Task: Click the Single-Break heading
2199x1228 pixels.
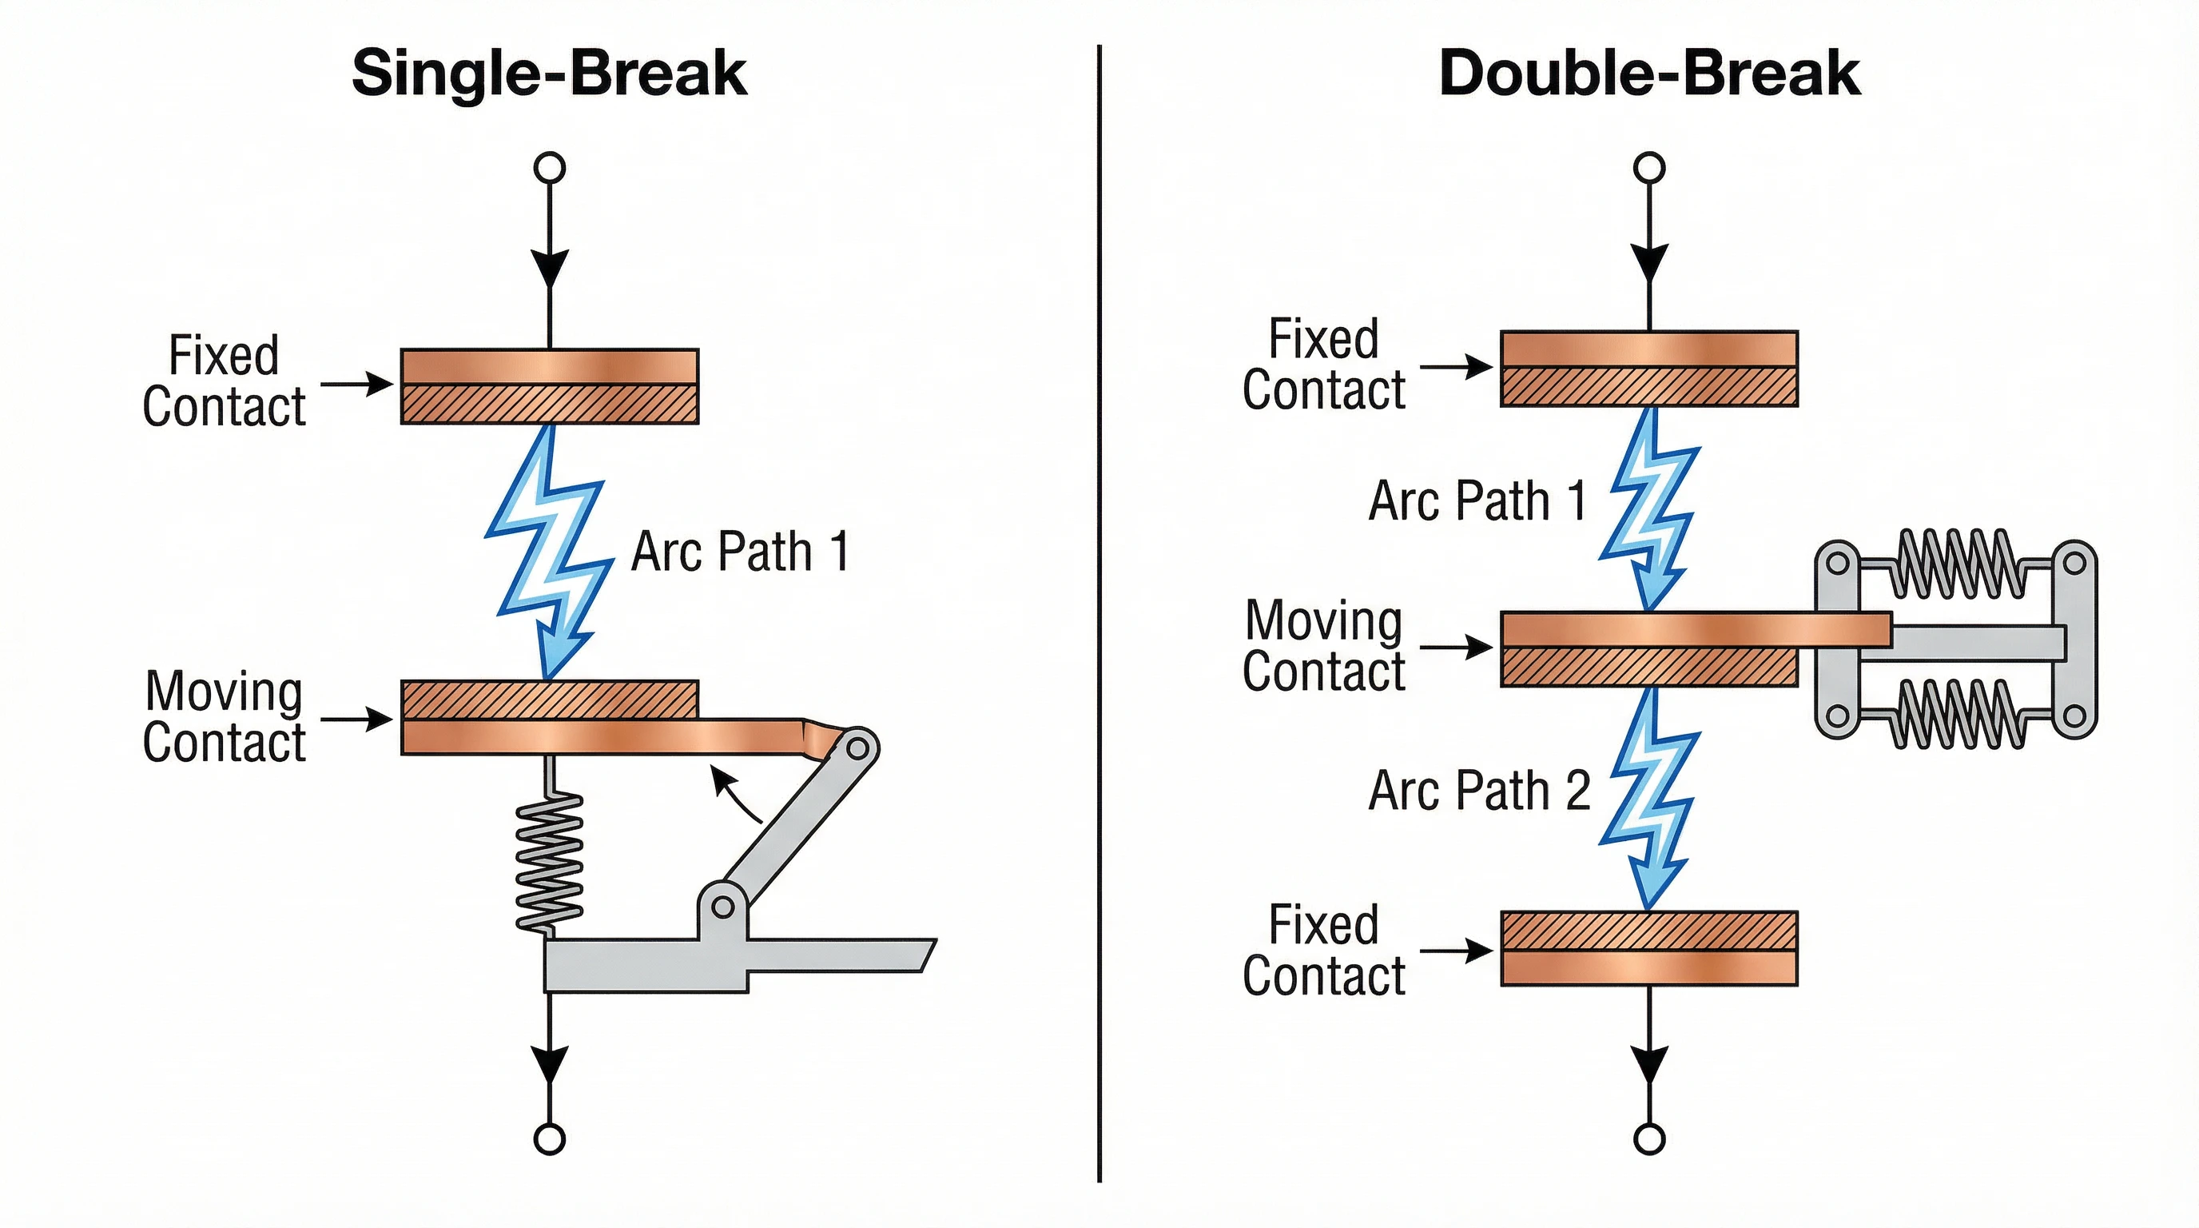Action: (x=549, y=74)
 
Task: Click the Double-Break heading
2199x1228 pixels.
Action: (x=1648, y=74)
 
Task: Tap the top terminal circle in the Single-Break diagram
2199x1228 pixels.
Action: (x=549, y=167)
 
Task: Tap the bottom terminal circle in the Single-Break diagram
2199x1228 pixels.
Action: (x=549, y=1139)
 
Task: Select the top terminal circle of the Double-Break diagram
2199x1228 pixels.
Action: (x=1648, y=167)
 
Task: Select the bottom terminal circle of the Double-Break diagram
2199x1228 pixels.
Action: (x=1648, y=1139)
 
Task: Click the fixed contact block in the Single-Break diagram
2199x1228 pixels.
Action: (x=549, y=386)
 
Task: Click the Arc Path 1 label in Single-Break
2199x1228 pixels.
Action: (x=739, y=552)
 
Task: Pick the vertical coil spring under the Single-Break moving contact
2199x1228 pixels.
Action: (x=551, y=863)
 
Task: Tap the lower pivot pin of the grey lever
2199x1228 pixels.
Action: (x=722, y=907)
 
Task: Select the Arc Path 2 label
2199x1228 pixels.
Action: (x=1478, y=791)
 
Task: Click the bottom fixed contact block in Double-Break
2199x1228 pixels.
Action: (x=1648, y=949)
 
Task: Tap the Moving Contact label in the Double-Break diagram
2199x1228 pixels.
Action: (x=1323, y=646)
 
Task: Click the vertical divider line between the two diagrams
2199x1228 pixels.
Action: (x=1099, y=615)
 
